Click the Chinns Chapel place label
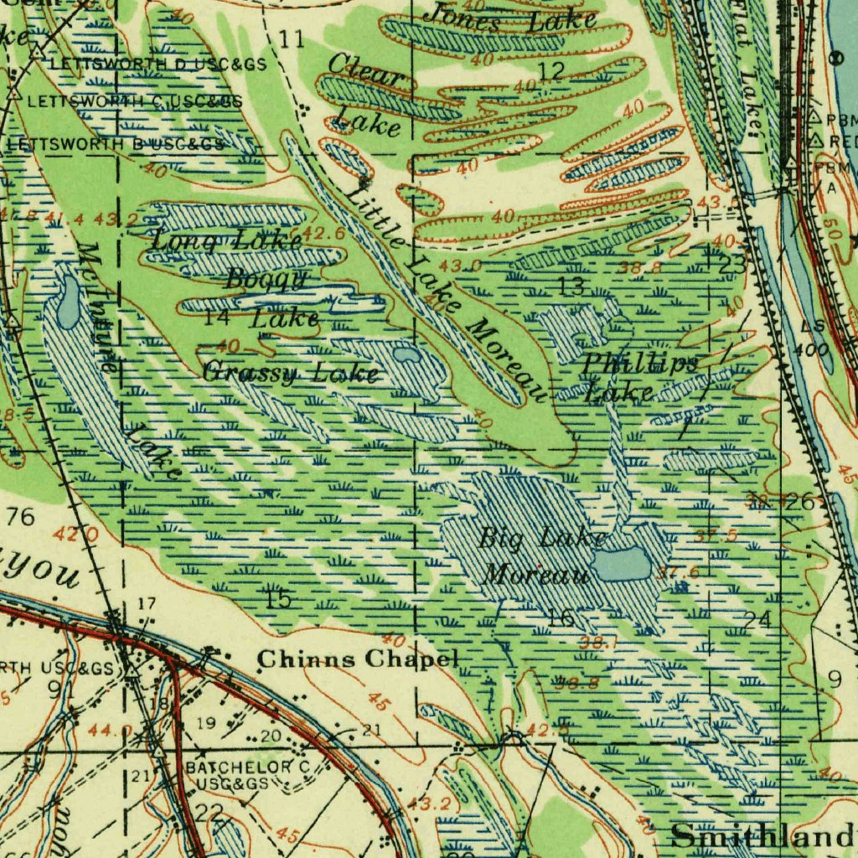(x=358, y=659)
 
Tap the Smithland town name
(x=762, y=835)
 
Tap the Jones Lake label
(x=510, y=18)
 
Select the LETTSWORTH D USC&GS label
(x=158, y=64)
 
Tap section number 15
(x=278, y=598)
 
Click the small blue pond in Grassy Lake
(x=408, y=355)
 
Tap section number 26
(x=800, y=503)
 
